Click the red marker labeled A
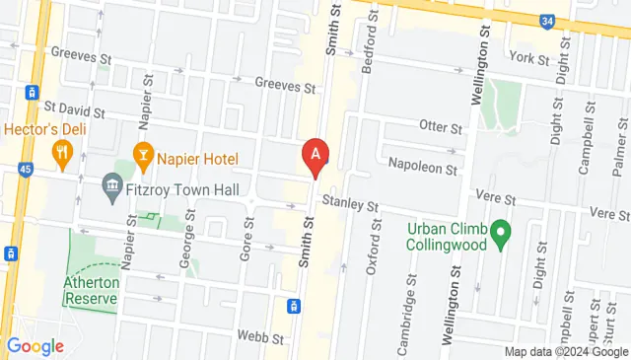click(x=315, y=155)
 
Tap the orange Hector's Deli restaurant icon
click(x=63, y=151)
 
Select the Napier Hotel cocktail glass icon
click(x=142, y=154)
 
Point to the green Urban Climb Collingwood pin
click(x=501, y=234)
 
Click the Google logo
click(x=35, y=346)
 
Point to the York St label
click(x=530, y=59)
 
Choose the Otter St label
click(x=440, y=128)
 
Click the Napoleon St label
click(x=423, y=169)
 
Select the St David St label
click(x=73, y=105)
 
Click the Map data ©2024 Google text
click(x=565, y=351)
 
